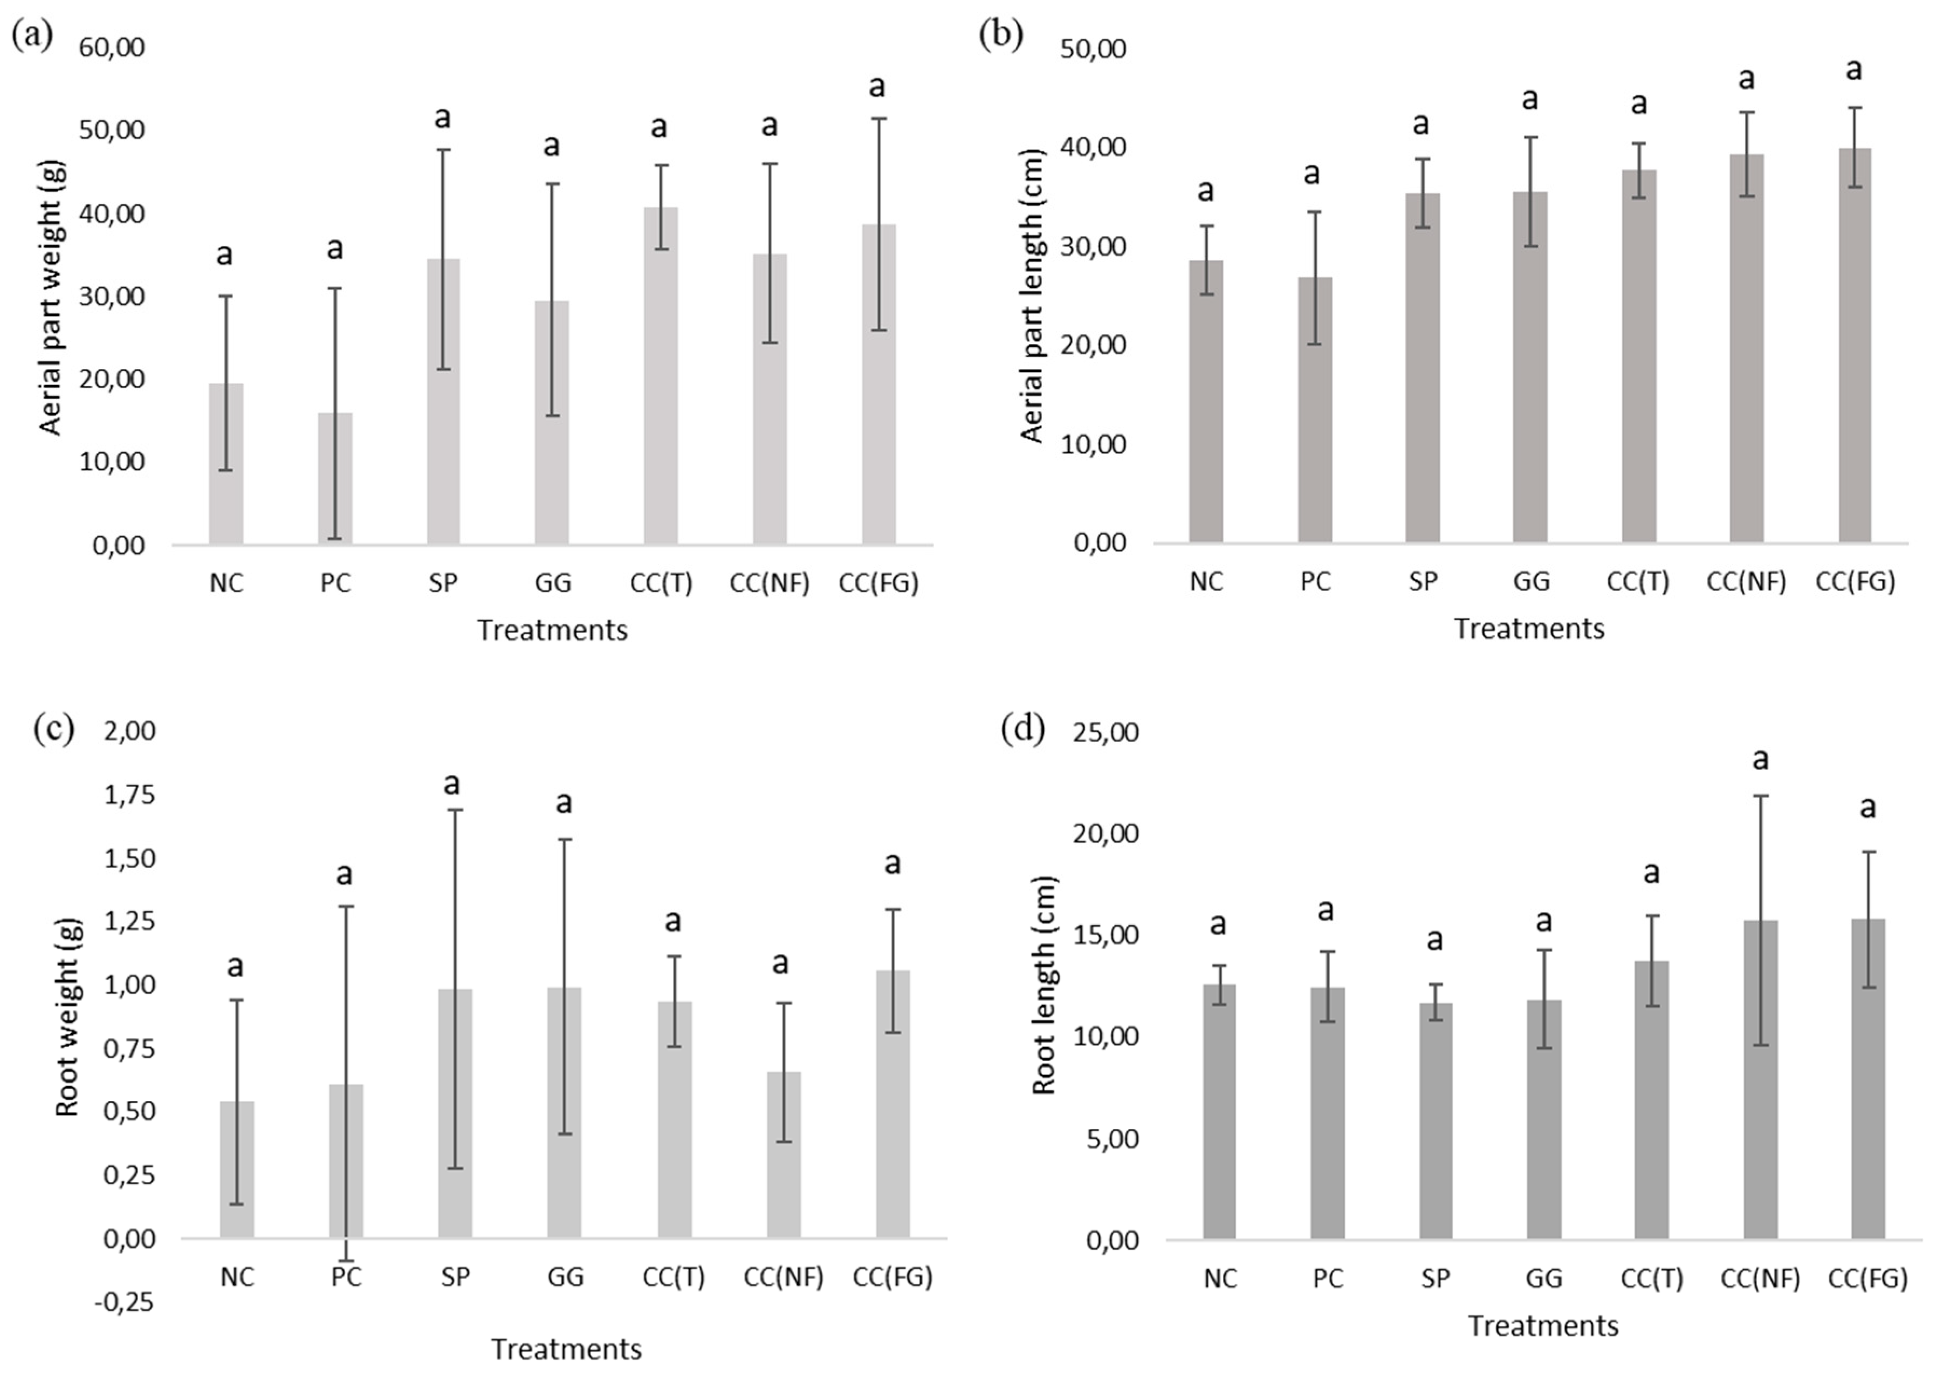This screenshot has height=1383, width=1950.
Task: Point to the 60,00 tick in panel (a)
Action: [x=112, y=47]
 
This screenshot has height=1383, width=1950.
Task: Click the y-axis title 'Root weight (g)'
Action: [x=67, y=1017]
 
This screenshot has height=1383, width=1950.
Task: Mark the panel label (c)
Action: [x=53, y=729]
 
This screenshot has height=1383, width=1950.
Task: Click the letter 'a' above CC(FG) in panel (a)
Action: [x=876, y=86]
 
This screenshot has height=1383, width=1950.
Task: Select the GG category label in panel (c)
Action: [x=565, y=1277]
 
